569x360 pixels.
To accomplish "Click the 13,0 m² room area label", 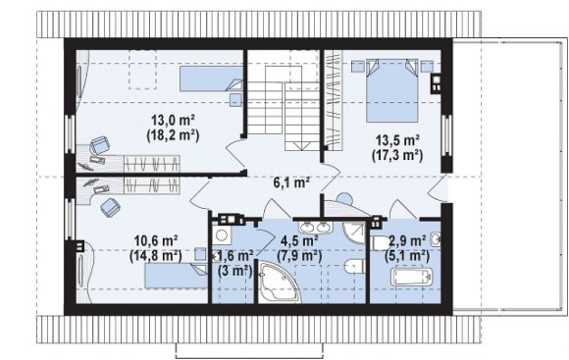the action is [x=174, y=120].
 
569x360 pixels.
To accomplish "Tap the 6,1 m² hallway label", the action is [x=291, y=182].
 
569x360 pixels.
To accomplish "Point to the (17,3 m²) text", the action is [x=397, y=155].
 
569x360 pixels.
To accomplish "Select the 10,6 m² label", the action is [x=156, y=240].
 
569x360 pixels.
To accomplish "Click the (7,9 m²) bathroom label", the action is [x=299, y=256].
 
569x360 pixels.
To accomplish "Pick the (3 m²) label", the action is [x=235, y=271].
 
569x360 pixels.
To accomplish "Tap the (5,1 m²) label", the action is [x=407, y=256].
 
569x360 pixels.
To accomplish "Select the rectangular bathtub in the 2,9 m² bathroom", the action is [x=411, y=277].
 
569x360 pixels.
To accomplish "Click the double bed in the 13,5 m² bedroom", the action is [x=392, y=90].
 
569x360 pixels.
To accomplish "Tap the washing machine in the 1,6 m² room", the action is [x=222, y=235].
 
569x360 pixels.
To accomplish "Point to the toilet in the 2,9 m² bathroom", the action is [x=380, y=243].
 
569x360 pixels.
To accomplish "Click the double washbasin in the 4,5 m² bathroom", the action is [x=315, y=228].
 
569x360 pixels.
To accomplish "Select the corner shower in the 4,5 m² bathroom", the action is [x=354, y=233].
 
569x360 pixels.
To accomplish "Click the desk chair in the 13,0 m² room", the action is [x=99, y=145].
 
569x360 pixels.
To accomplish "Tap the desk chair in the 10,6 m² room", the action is [x=110, y=207].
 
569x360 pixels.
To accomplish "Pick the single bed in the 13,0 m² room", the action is [x=212, y=78].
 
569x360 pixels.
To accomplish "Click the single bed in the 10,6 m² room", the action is [x=176, y=276].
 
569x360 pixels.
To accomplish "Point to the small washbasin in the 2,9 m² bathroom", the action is [x=436, y=239].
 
